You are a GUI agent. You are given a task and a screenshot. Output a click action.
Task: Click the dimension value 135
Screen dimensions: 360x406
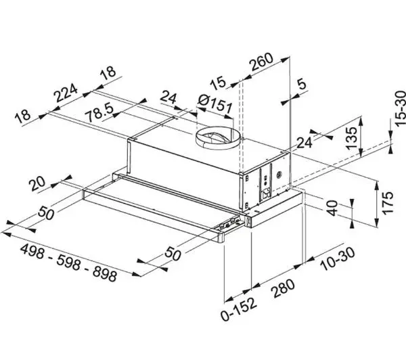(x=350, y=137)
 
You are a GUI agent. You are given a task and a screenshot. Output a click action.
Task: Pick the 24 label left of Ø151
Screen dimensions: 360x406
(x=170, y=99)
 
